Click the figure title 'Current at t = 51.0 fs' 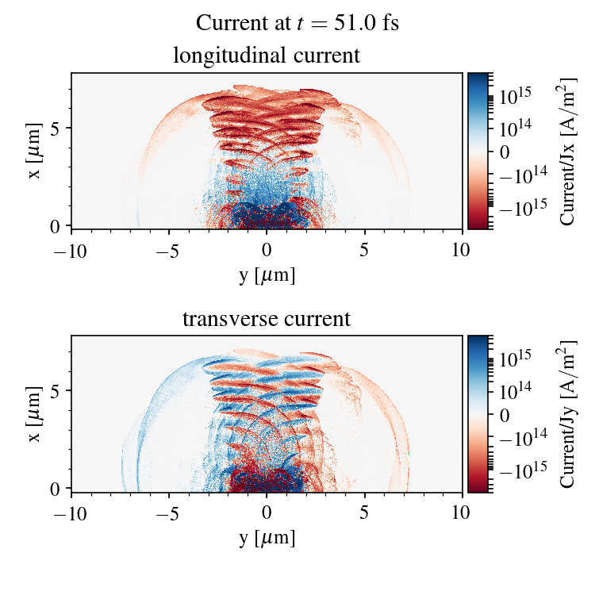[x=297, y=23]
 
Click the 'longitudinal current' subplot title [x=267, y=56]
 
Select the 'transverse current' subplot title [x=267, y=319]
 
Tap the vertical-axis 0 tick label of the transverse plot [x=56, y=489]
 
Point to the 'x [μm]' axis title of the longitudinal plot [x=34, y=151]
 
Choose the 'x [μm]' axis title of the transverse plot [x=34, y=413]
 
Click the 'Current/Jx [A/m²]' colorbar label [x=567, y=151]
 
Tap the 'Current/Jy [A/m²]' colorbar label [x=567, y=413]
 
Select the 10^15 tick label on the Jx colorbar [x=516, y=94]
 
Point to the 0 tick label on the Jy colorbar [x=505, y=414]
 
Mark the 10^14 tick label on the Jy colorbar [x=516, y=390]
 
